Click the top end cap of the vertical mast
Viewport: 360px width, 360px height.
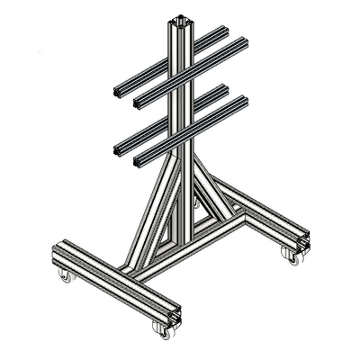click(x=179, y=19)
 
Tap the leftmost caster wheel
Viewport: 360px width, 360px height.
click(x=65, y=274)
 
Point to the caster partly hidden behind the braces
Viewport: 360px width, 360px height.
click(x=196, y=202)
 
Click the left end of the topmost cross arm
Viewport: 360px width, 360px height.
click(x=118, y=90)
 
